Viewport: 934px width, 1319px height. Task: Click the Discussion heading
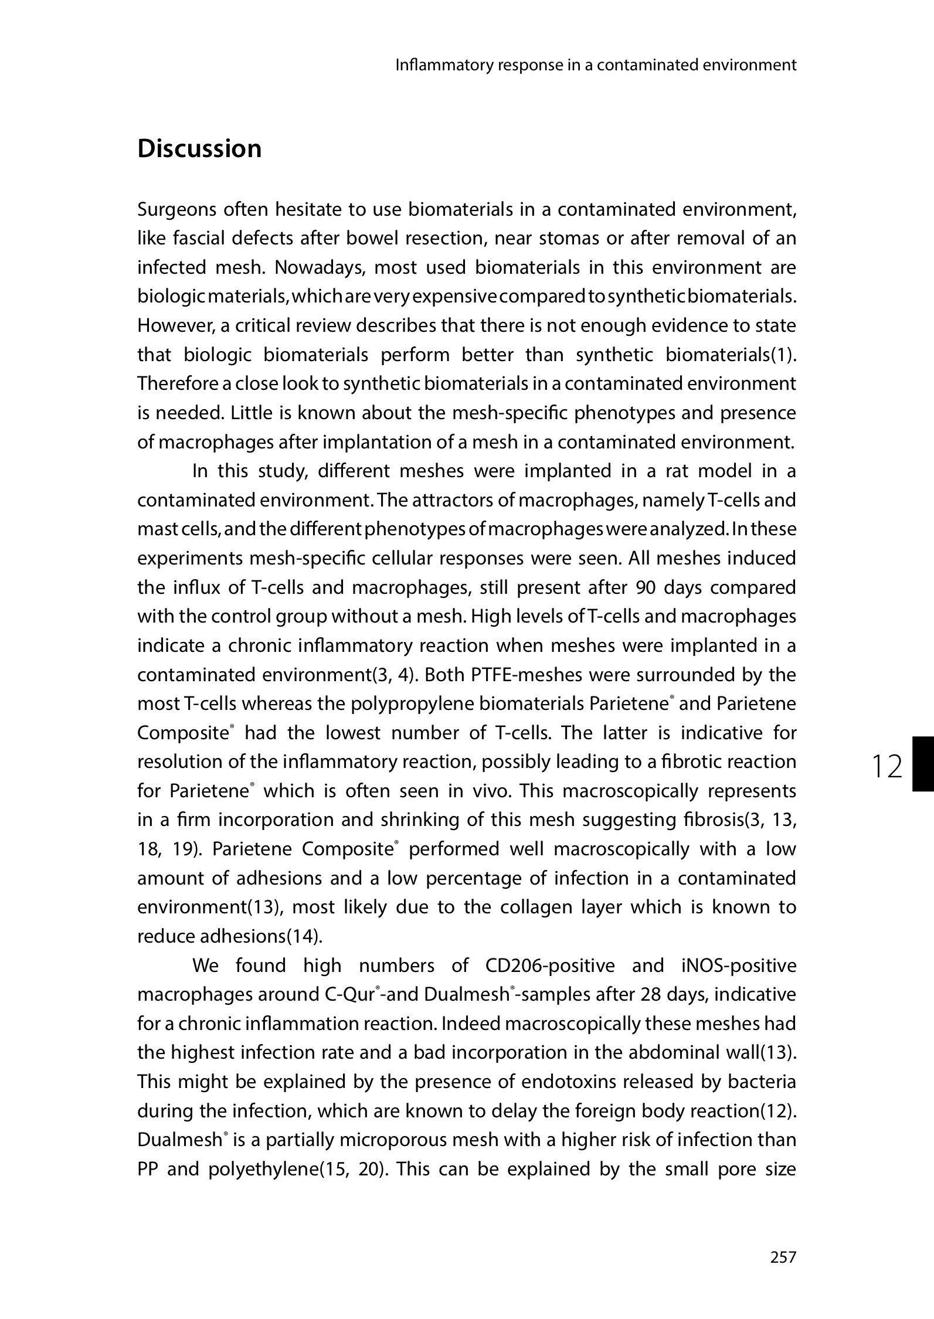coord(199,149)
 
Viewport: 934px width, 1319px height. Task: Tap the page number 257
coord(783,1257)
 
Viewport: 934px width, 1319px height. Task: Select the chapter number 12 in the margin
coord(887,767)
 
